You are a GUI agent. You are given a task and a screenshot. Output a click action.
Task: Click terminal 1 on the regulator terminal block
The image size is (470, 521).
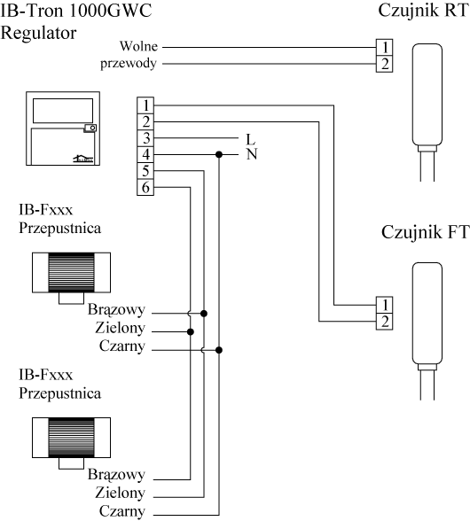point(145,105)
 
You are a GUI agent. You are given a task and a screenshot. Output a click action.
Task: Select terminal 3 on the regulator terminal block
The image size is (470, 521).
point(145,138)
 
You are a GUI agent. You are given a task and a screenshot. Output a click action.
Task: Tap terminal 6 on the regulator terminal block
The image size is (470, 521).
point(145,187)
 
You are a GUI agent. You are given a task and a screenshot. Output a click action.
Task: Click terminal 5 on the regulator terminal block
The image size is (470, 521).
point(145,171)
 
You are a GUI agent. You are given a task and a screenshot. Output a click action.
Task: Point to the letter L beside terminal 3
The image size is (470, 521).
point(250,140)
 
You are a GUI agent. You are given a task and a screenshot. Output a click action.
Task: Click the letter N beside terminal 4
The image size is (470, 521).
point(252,154)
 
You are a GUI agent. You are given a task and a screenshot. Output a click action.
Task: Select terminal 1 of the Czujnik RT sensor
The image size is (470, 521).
point(385,47)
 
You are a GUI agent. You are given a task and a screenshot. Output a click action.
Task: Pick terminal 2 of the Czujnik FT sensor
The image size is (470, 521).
point(385,322)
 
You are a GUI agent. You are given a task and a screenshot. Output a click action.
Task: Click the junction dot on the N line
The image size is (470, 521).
point(218,154)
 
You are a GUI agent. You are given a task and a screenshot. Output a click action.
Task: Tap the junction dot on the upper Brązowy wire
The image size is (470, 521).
point(204,314)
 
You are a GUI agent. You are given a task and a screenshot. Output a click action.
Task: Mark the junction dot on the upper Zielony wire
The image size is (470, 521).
point(191,331)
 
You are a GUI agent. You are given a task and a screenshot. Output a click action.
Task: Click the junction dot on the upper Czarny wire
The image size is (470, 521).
point(218,350)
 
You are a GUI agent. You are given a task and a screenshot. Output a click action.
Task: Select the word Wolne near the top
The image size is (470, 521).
point(138,46)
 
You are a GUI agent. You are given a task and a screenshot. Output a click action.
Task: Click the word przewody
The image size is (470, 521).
point(129,64)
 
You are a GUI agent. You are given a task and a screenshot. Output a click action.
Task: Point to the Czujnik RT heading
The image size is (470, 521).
point(423,11)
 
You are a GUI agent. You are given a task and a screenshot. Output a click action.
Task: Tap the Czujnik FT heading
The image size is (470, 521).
point(425,232)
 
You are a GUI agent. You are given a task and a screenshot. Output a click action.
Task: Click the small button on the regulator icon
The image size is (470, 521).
point(90,128)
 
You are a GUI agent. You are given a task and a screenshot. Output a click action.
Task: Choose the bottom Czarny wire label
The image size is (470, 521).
point(122,511)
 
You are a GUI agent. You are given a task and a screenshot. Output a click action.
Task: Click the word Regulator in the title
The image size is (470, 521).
point(39,34)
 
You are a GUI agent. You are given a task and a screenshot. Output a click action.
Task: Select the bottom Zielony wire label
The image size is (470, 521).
point(120,493)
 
